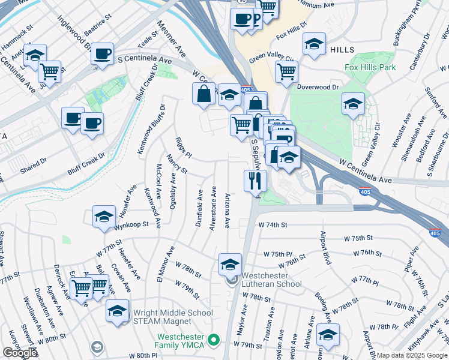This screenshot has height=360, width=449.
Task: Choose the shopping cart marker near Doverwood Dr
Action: pos(287,71)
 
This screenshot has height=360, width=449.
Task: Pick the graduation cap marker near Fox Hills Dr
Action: pos(314,44)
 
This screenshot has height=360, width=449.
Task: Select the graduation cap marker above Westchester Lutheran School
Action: pos(230,264)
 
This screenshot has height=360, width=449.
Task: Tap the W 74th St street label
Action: pos(274,224)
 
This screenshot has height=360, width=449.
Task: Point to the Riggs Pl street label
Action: pos(182,145)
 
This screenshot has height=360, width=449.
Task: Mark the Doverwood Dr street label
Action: pos(318,86)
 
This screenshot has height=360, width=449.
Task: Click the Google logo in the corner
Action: pos(19,353)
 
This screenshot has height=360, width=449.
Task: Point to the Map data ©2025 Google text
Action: pos(412,355)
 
